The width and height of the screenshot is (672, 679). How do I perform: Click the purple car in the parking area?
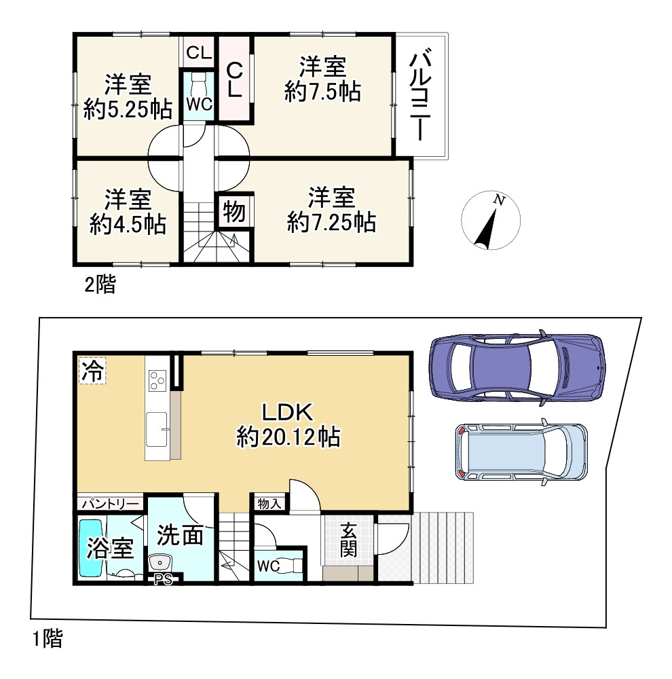[x=517, y=367]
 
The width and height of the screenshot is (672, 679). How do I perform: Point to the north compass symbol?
[x=491, y=221]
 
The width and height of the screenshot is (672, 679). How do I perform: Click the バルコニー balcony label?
[x=420, y=97]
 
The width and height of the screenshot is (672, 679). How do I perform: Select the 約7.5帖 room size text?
[x=322, y=92]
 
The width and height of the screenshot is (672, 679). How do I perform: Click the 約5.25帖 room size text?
[x=128, y=109]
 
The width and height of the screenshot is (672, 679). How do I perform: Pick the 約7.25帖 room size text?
[x=331, y=222]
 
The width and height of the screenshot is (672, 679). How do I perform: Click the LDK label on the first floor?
[x=288, y=412]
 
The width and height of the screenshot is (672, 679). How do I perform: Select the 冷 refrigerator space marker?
[x=92, y=371]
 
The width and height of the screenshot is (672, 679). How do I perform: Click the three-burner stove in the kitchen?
[x=157, y=381]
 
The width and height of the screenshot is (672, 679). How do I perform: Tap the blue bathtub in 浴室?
[x=91, y=548]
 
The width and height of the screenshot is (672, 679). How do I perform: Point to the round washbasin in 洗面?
[x=160, y=564]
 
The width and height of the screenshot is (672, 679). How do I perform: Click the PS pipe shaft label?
[x=164, y=579]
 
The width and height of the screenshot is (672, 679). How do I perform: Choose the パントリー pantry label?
[x=111, y=503]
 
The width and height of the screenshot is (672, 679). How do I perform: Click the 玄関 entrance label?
[x=348, y=540]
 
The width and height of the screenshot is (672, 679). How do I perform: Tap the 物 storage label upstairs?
[x=234, y=212]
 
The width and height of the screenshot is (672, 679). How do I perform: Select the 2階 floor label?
[x=100, y=285]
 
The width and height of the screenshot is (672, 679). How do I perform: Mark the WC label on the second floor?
[x=199, y=104]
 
